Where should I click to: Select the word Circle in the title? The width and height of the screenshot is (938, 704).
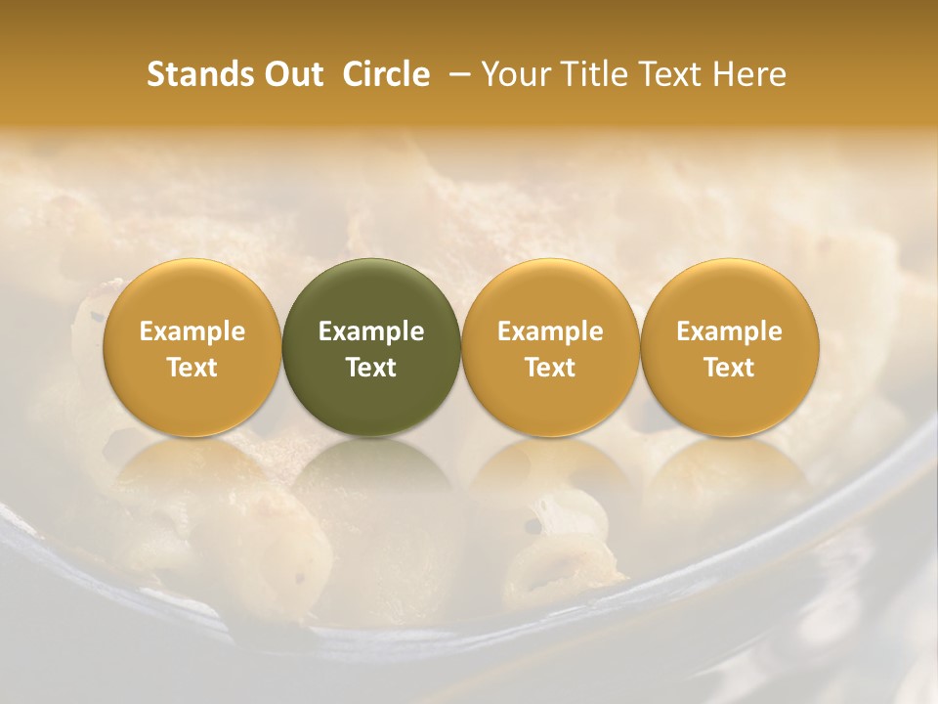386,74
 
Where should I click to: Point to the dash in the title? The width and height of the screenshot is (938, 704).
455,74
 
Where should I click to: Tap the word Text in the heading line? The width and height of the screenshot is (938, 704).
673,74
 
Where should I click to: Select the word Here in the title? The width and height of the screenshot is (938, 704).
749,74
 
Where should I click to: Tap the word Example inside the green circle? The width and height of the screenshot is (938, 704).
371,331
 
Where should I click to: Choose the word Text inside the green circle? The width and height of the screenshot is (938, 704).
371,368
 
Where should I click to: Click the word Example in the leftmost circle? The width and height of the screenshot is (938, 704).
192,331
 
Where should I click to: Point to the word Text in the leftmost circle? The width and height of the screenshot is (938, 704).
192,368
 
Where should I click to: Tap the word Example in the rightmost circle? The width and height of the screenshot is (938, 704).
730,331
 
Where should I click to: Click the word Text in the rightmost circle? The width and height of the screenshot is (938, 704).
730,368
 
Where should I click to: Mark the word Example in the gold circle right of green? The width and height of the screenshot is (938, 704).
550,331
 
